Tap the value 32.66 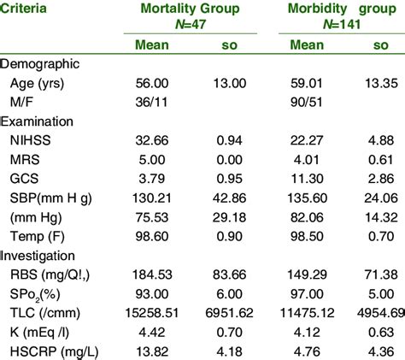point(160,142)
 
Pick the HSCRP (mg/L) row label point(50,351)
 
